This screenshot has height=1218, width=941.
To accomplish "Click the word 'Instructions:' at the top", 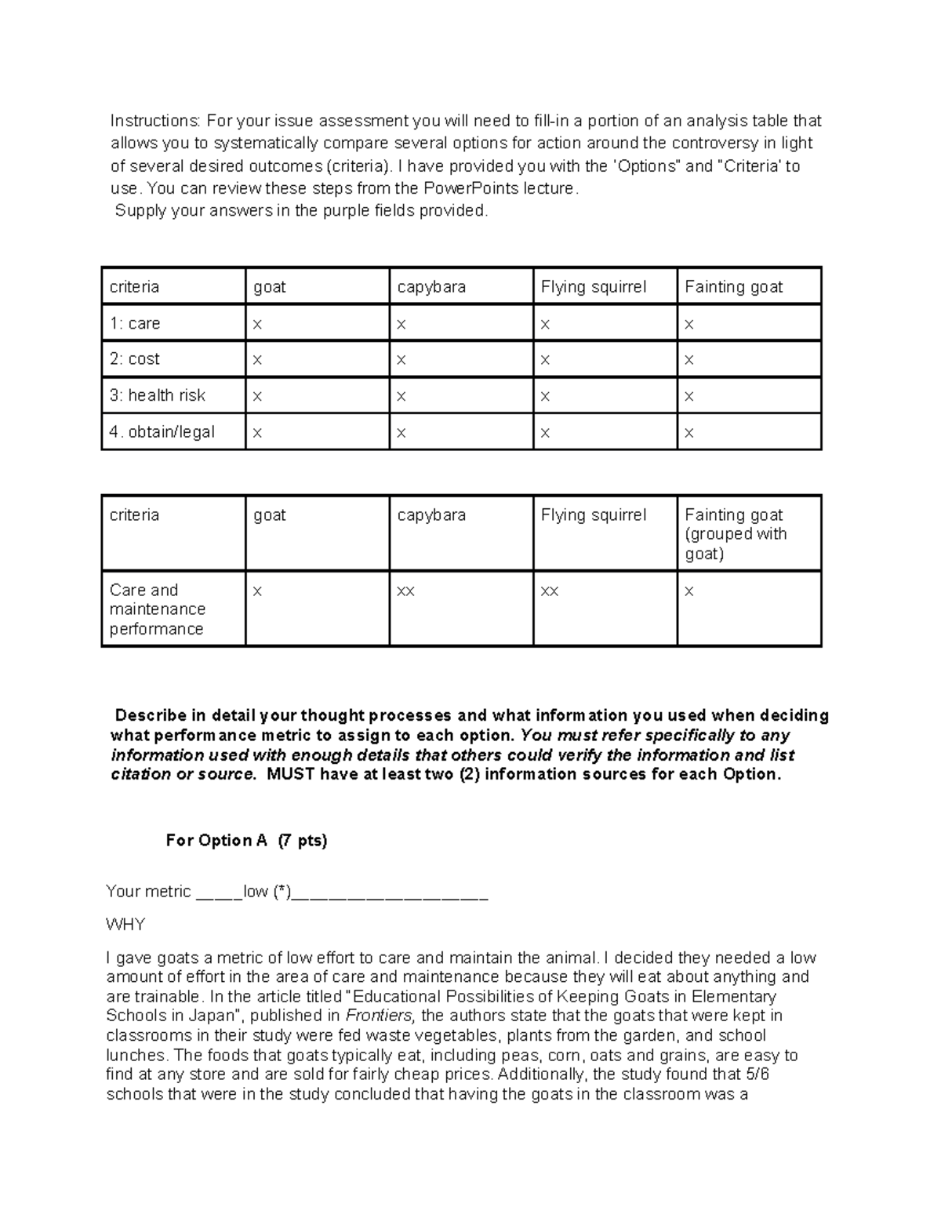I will pos(155,121).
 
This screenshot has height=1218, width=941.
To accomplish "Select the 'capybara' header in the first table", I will pos(431,287).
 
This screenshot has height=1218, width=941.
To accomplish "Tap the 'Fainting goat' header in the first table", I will pos(733,287).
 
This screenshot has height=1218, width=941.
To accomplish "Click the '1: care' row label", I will pos(135,323).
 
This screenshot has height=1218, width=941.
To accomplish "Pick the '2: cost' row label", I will pos(134,359).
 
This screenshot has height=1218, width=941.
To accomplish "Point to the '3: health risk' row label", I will pos(157,395).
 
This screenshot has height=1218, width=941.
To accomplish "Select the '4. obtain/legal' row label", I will pos(162,432).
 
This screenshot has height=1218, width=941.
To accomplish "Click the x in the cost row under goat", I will pos(257,360).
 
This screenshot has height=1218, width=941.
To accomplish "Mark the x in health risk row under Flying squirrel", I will pos(545,397).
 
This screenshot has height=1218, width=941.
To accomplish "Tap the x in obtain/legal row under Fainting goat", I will pos(688,433).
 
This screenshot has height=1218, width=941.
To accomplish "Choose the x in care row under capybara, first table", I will pos(401,324).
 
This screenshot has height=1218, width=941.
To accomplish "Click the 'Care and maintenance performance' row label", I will pos(157,609).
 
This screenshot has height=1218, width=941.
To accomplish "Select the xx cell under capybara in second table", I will pos(405,591).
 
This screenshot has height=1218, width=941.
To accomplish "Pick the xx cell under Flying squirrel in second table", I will pos(549,591).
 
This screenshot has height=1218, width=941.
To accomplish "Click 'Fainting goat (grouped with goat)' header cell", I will pos(735,534).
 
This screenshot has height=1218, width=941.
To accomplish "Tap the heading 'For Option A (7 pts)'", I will pos(246,841).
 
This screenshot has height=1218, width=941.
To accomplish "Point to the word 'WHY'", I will pos(125,925).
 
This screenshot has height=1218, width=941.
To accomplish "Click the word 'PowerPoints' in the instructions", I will pos(467,188).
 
